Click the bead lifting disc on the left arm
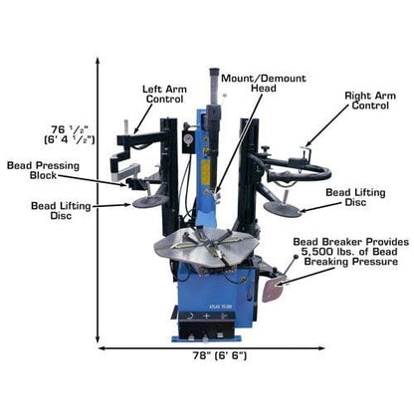click(150, 200)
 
